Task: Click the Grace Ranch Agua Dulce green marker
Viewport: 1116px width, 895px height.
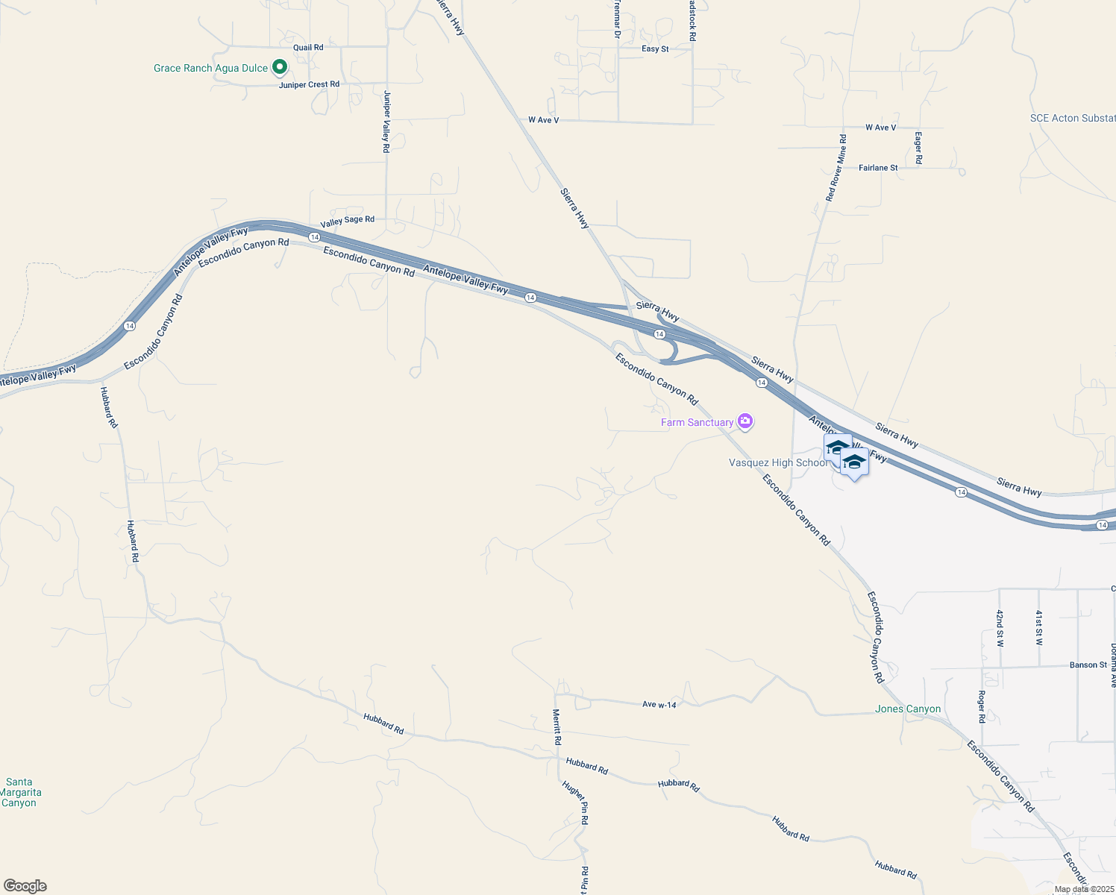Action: tap(280, 67)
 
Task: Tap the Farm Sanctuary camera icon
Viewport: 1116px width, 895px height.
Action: tap(744, 421)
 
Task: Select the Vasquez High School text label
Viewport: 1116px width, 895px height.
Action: tap(777, 462)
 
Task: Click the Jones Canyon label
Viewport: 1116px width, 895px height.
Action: tap(907, 709)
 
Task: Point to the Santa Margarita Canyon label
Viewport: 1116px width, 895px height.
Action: tap(20, 793)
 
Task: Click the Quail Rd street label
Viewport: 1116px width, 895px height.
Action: tap(308, 48)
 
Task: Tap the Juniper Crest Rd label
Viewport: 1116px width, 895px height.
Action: tap(309, 84)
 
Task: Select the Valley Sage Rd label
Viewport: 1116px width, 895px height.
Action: tap(347, 221)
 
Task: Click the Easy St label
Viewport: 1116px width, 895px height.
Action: tap(655, 49)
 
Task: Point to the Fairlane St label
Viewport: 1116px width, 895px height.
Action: tap(878, 168)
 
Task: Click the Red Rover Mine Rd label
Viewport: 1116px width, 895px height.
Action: tap(836, 168)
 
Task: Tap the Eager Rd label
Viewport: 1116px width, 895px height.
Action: tap(918, 148)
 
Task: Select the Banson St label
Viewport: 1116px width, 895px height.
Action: tap(1088, 665)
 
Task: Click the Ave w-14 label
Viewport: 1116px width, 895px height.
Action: tap(659, 704)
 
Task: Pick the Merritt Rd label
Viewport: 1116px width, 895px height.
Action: tap(557, 726)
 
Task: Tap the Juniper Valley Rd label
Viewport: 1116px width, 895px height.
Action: tap(386, 122)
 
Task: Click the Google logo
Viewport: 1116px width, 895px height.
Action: tap(25, 886)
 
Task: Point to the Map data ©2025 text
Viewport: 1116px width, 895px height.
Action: tap(1082, 889)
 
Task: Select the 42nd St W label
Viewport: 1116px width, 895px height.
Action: tap(1000, 627)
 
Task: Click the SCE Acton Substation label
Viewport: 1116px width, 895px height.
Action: tap(1072, 118)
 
